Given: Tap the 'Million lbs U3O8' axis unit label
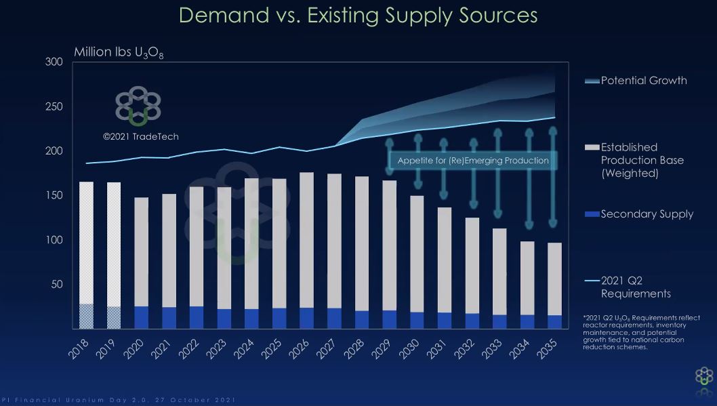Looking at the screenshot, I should (x=119, y=53).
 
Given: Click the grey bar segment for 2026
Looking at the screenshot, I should (x=306, y=240).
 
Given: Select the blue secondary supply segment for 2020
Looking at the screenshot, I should (x=142, y=317).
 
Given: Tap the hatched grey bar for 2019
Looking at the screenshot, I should (x=114, y=244).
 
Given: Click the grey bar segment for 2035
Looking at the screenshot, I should (x=555, y=279).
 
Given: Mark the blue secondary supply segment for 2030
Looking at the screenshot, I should (x=417, y=321).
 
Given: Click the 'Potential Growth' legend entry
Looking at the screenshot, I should (x=643, y=81).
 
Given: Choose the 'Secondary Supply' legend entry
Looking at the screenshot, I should (x=647, y=214).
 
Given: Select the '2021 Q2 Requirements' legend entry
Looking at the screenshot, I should (x=635, y=287).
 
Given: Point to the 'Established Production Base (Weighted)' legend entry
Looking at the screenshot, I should (x=642, y=160).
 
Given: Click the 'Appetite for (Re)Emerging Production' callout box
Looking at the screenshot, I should (x=473, y=161).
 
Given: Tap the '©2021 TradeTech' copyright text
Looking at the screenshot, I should (x=141, y=136).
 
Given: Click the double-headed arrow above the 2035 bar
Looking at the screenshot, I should (x=553, y=176).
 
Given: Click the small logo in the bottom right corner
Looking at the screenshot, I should (x=704, y=378).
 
